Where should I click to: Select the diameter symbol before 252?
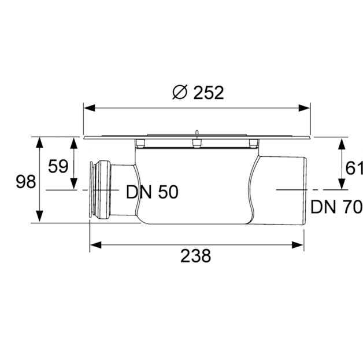[180, 92]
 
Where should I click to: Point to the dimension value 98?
[25, 182]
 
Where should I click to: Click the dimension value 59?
[58, 166]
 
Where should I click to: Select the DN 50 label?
[151, 192]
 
